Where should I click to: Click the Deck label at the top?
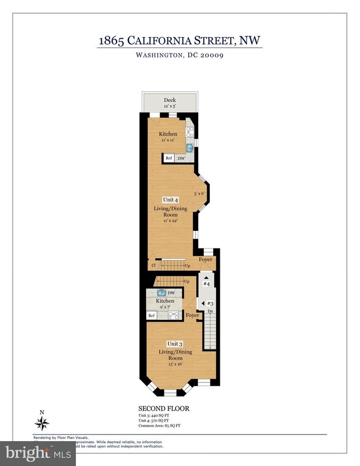pyautogui.click(x=169, y=100)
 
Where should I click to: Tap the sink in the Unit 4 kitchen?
pyautogui.click(x=189, y=148)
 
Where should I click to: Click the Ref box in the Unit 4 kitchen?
pyautogui.click(x=169, y=158)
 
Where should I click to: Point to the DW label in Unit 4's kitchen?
pyautogui.click(x=181, y=158)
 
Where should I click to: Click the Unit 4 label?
pyautogui.click(x=170, y=200)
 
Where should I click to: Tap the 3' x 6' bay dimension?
pyautogui.click(x=199, y=194)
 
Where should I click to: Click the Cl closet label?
pyautogui.click(x=153, y=266)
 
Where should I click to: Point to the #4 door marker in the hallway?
pyautogui.click(x=207, y=284)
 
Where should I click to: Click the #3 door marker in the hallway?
pyautogui.click(x=210, y=304)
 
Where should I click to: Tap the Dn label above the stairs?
pyautogui.click(x=210, y=312)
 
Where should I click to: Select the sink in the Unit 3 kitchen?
pyautogui.click(x=161, y=293)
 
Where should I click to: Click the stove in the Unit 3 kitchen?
pyautogui.click(x=173, y=315)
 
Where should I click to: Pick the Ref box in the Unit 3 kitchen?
pyautogui.click(x=151, y=315)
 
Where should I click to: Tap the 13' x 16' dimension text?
pyautogui.click(x=171, y=365)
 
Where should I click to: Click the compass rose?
pyautogui.click(x=42, y=423)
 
